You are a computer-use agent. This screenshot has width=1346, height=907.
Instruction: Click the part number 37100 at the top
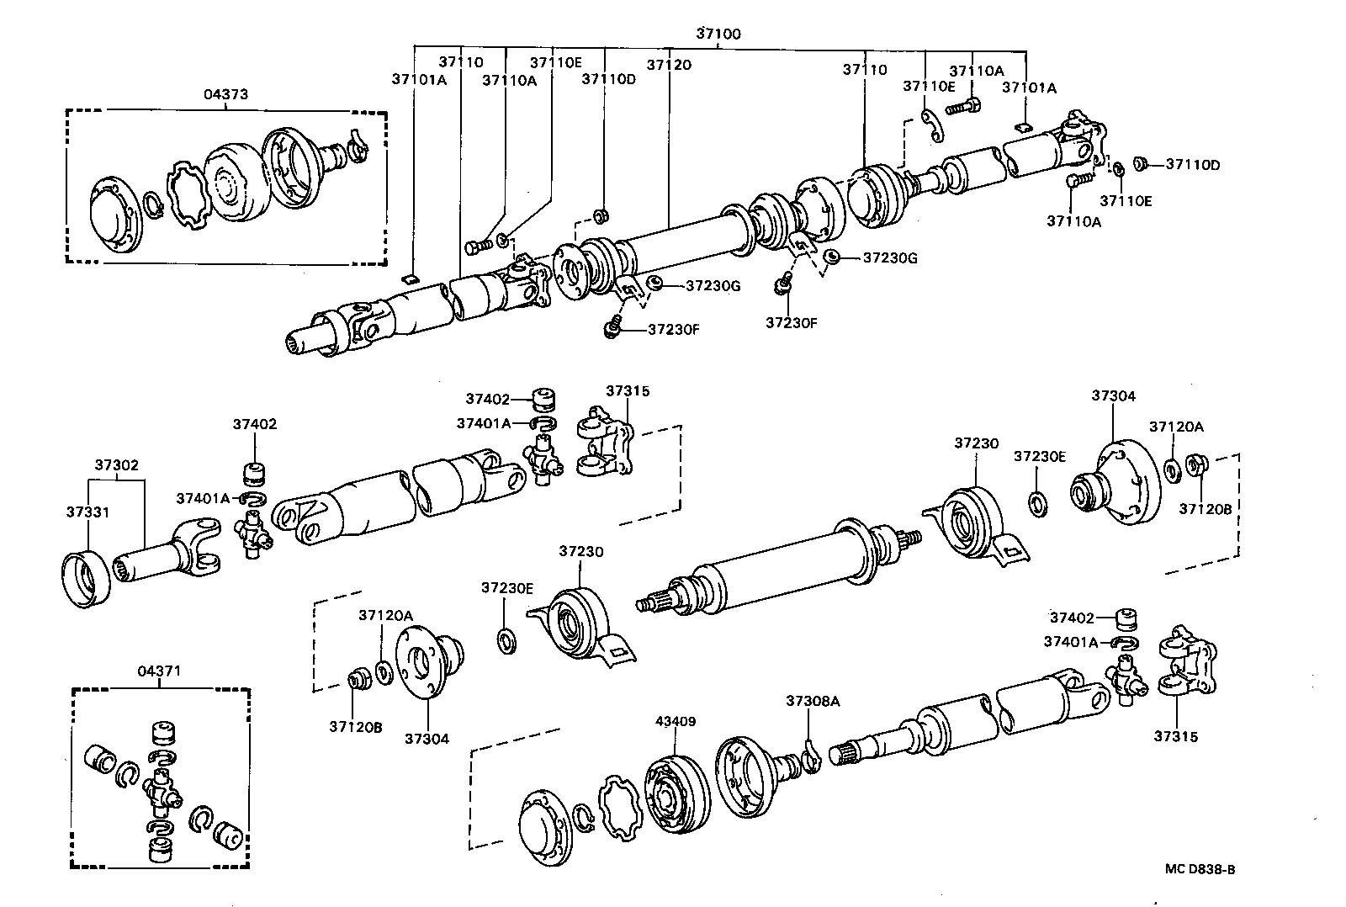coord(718,34)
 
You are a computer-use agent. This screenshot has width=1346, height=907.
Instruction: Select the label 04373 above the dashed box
coord(225,94)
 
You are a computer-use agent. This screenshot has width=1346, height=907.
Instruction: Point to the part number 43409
coord(676,721)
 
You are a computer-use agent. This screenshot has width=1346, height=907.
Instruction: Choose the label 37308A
coord(813,700)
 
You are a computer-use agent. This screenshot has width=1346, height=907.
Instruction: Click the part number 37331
coord(87,511)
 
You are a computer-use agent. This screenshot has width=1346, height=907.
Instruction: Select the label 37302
coord(117,464)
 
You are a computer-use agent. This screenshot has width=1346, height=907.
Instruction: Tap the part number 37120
coord(669,64)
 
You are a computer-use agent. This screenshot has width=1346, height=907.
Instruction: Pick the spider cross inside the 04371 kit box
coord(161,790)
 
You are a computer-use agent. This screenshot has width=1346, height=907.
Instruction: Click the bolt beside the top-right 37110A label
coord(964,107)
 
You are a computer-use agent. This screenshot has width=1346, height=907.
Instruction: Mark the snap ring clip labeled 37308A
coord(809,754)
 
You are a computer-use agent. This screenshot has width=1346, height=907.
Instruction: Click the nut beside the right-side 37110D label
coord(1141,163)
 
